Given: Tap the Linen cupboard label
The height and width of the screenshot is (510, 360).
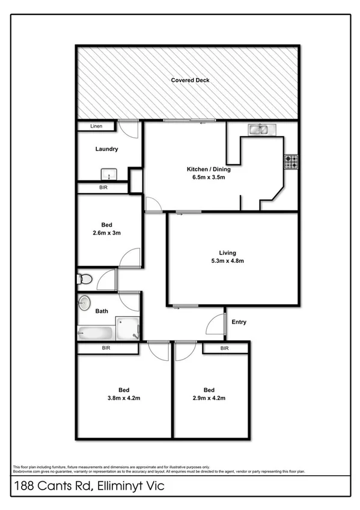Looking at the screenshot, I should (x=96, y=126).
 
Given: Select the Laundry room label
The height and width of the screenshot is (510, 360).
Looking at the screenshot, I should (x=106, y=149).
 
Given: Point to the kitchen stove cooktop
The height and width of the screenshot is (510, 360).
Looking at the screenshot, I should (x=291, y=162).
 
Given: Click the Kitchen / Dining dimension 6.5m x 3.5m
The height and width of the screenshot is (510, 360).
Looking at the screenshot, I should (x=208, y=177).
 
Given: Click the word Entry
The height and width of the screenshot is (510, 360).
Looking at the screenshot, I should (x=239, y=322).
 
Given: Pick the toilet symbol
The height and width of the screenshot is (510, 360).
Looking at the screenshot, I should (x=84, y=279).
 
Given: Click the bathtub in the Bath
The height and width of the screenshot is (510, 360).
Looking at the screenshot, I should (x=93, y=332).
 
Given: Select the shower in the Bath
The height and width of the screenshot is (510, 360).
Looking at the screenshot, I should (x=127, y=328).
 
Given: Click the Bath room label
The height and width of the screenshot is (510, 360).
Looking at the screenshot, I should (x=102, y=312).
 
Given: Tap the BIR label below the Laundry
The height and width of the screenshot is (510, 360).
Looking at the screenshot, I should (x=103, y=188).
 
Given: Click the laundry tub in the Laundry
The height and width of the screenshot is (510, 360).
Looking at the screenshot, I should (x=108, y=174).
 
